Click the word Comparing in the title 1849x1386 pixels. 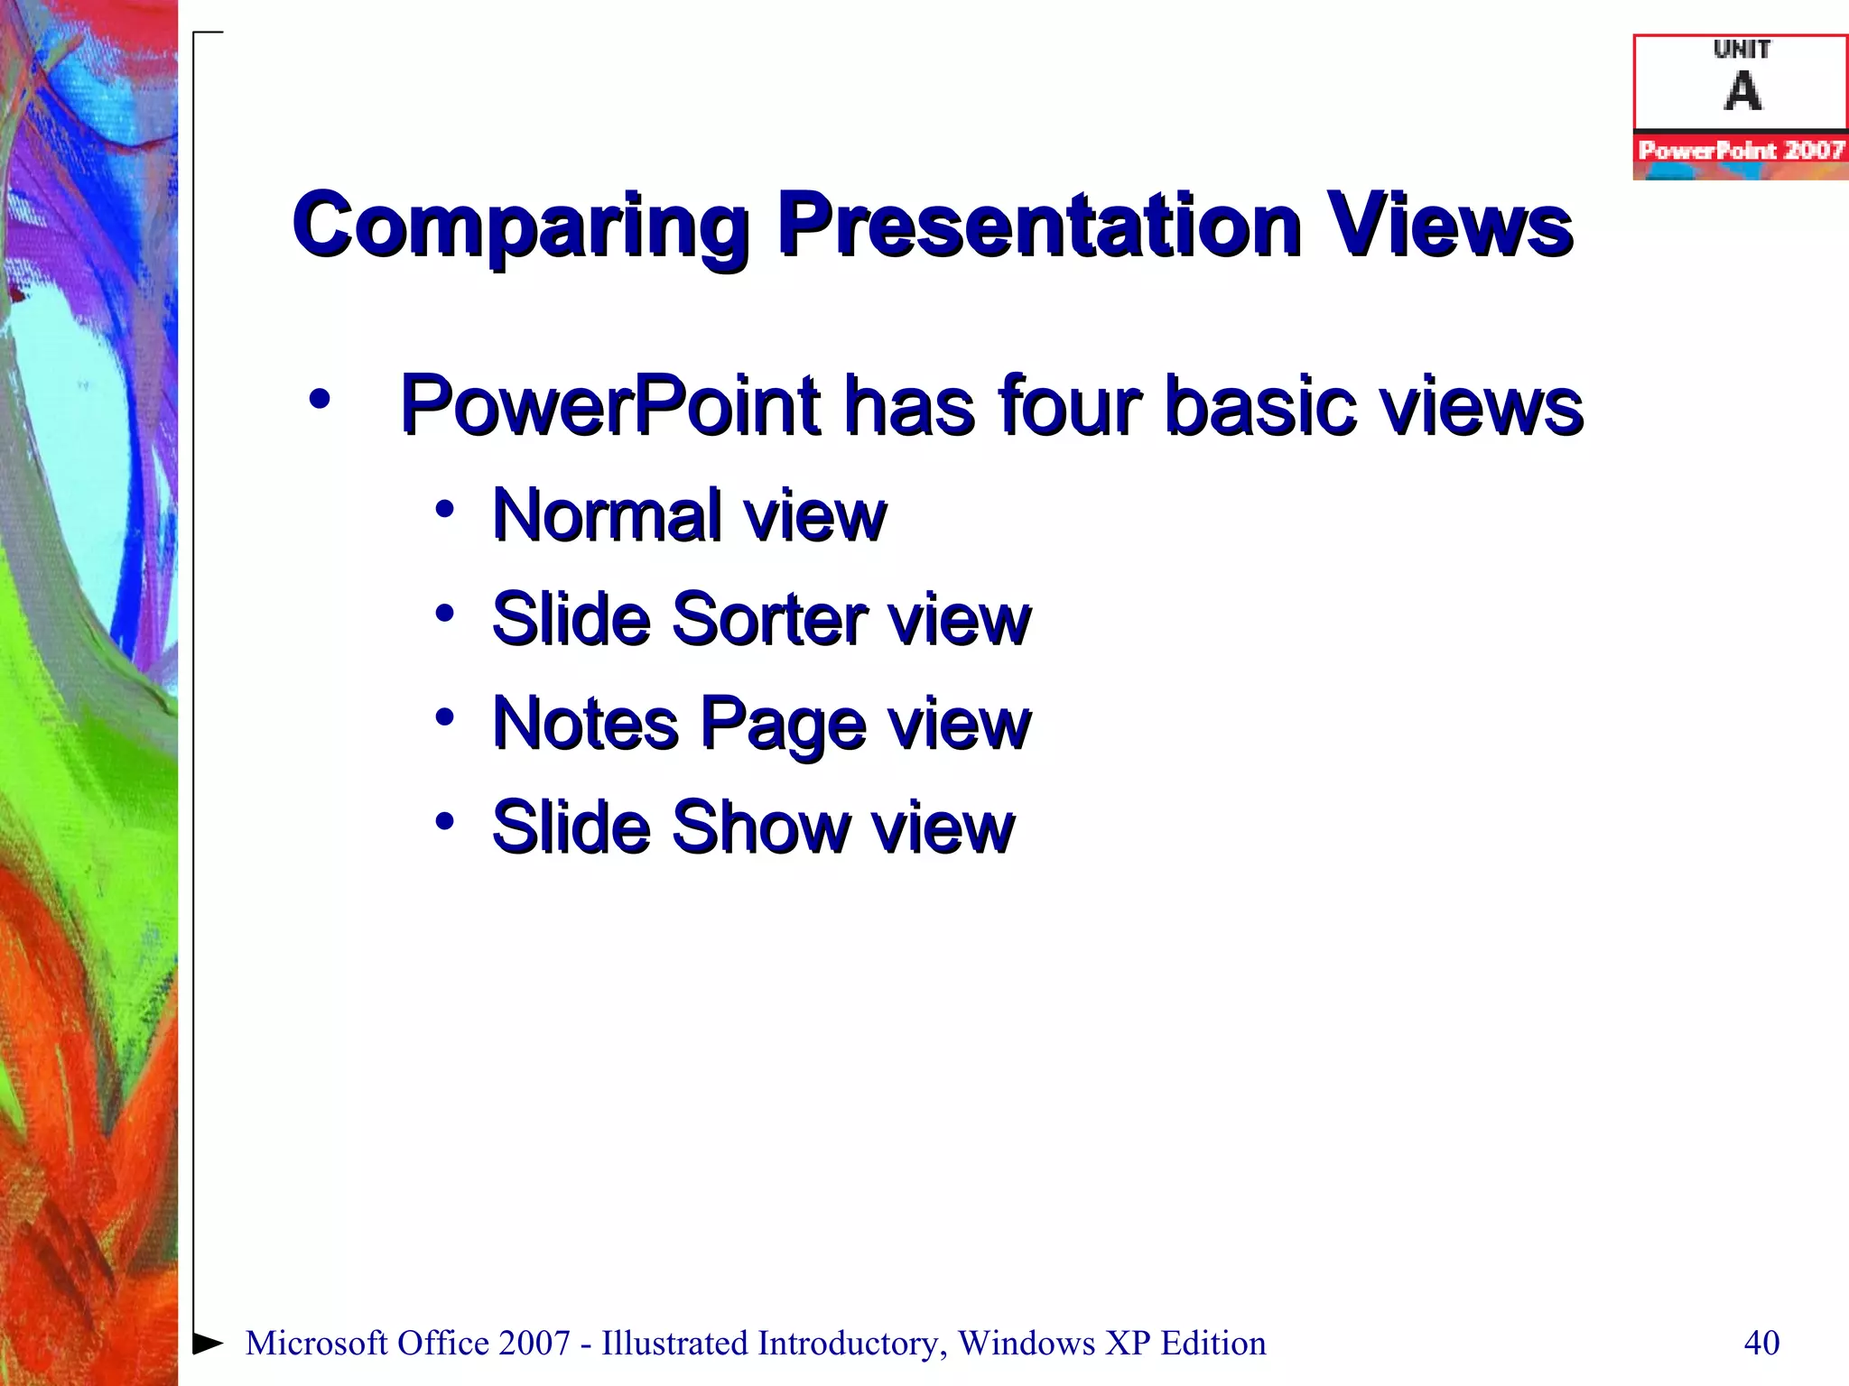[x=520, y=226]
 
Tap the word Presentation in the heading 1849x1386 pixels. [x=1038, y=226]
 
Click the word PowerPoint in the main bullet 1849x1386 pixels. [x=610, y=405]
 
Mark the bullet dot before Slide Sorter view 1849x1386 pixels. [x=444, y=614]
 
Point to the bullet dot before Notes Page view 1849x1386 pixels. [x=444, y=717]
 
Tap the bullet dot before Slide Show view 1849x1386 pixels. [x=444, y=821]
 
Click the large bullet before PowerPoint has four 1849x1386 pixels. [x=319, y=398]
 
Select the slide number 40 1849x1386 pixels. [x=1761, y=1343]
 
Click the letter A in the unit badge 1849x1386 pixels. [x=1742, y=91]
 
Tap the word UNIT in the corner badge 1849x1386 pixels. [x=1742, y=49]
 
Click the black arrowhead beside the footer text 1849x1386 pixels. [x=208, y=1343]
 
